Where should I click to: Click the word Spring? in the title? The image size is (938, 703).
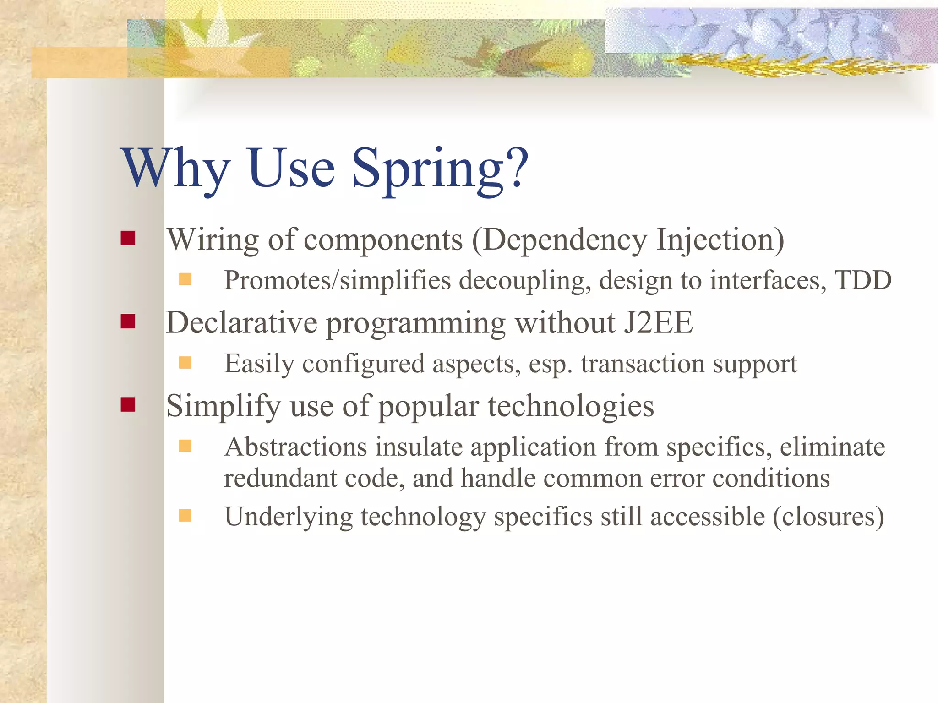440,169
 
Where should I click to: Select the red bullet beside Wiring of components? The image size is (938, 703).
128,238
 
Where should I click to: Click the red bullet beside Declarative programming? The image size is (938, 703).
128,322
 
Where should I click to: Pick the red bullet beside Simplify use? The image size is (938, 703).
128,404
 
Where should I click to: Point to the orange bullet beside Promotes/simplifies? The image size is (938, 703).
185,279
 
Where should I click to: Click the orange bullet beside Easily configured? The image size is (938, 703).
185,363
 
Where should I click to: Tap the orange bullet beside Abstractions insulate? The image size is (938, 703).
185,446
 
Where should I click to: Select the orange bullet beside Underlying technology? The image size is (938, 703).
185,516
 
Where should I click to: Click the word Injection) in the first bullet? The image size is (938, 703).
720,240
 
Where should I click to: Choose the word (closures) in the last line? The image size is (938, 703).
828,517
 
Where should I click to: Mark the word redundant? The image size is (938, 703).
280,478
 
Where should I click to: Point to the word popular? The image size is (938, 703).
428,407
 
